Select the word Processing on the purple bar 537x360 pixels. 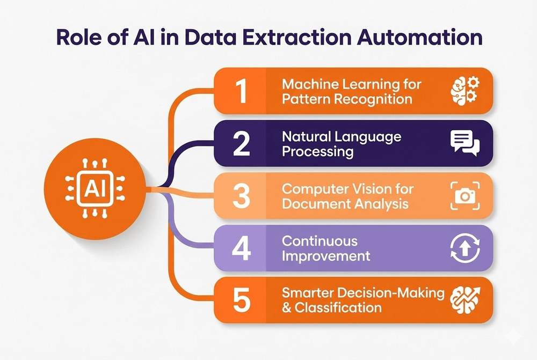[318, 151]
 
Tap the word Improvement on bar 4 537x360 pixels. [326, 255]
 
